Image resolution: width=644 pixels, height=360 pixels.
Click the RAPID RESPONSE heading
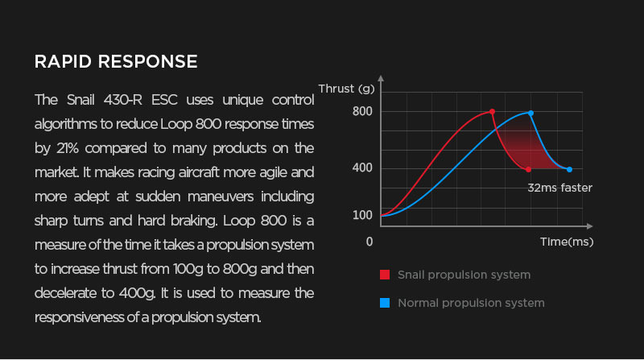[116, 62]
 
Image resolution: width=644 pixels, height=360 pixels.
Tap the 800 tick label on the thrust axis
[362, 111]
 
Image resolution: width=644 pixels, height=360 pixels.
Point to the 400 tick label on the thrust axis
[362, 168]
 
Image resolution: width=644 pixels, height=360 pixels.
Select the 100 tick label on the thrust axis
[362, 215]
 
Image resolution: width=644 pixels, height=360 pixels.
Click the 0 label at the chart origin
[369, 242]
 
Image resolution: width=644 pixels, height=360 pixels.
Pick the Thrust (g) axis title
[347, 89]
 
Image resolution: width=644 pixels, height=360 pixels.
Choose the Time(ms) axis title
[567, 242]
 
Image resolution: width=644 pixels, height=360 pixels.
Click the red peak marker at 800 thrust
[492, 112]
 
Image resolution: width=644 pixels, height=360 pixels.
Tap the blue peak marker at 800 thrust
[530, 113]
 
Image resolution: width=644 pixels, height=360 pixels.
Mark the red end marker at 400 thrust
[528, 169]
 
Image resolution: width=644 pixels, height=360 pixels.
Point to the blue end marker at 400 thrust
[569, 169]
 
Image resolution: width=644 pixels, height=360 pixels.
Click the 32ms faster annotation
[559, 188]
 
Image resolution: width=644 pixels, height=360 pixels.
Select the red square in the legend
[385, 275]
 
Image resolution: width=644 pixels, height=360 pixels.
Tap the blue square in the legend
[385, 303]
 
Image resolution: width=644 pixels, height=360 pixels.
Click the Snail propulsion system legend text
[464, 275]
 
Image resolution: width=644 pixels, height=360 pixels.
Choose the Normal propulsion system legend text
[471, 304]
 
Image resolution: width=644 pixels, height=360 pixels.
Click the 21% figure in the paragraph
[68, 148]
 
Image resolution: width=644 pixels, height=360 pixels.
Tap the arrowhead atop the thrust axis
[381, 78]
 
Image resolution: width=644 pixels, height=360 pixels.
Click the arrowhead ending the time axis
[590, 226]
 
